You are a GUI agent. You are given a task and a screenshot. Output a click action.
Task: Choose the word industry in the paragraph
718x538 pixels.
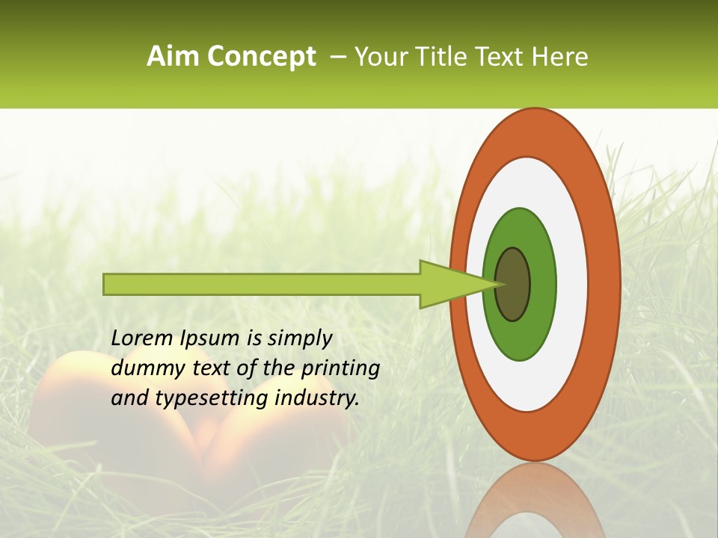tap(317, 398)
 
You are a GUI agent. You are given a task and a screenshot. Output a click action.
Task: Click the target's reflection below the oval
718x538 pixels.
tap(535, 501)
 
